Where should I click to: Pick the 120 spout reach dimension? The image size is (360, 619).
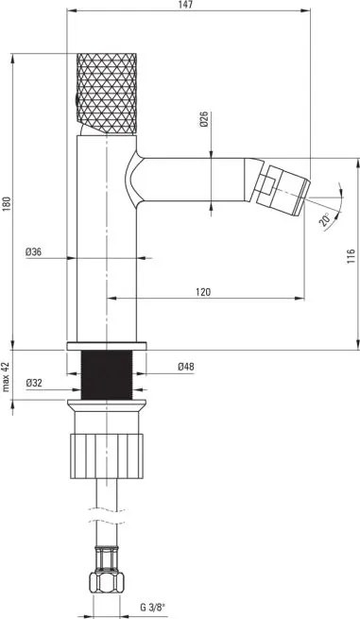(x=202, y=291)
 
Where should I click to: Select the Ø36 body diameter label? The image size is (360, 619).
(x=33, y=251)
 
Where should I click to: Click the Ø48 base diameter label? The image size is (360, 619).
(x=185, y=367)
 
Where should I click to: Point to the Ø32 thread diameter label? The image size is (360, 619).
(x=35, y=382)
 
